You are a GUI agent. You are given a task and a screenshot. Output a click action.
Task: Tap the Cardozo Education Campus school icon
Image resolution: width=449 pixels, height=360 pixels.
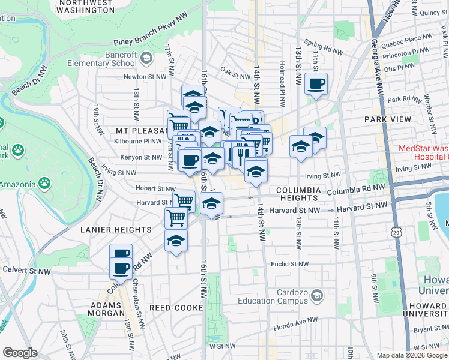tap(318, 296)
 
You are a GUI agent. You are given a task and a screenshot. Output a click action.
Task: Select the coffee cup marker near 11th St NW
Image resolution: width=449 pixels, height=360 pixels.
tap(316, 84)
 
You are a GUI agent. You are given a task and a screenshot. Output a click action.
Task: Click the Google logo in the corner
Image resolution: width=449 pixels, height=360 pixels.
tap(19, 353)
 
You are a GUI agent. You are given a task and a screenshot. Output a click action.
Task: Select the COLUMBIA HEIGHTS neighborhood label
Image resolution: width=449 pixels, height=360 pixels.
tap(297, 193)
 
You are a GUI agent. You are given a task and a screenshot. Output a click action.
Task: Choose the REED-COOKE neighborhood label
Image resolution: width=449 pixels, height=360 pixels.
tap(175, 308)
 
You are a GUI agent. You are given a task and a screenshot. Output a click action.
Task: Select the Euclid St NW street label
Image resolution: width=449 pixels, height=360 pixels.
tap(289, 264)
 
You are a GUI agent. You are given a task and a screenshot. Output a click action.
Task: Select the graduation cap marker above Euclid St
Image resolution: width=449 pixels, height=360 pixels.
tap(175, 241)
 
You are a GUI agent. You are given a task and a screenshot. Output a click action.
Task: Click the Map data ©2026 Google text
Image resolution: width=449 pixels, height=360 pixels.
tap(411, 355)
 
